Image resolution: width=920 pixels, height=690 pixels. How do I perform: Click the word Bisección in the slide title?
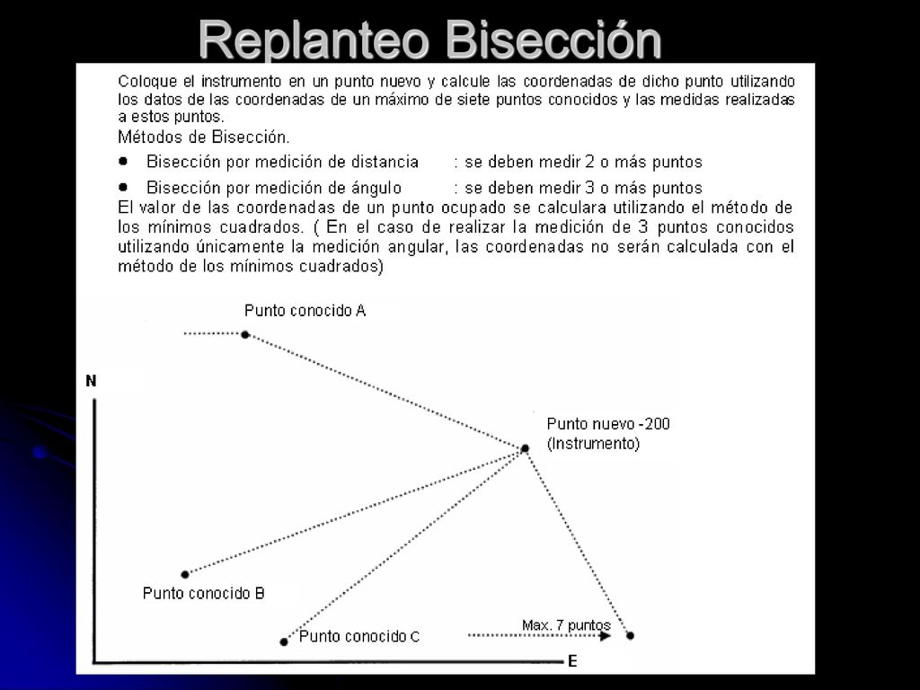(x=553, y=39)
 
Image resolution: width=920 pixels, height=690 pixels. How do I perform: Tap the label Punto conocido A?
(x=305, y=310)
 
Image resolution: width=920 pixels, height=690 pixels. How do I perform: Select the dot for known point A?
(x=245, y=334)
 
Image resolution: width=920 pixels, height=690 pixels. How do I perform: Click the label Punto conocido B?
(x=204, y=593)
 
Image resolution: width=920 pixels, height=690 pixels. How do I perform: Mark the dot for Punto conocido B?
(x=185, y=574)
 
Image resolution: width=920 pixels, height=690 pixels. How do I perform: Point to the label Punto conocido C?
(x=359, y=636)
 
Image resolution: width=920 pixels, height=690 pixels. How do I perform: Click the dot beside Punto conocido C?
(x=284, y=641)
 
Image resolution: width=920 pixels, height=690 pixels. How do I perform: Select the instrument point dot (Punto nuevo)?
(x=525, y=448)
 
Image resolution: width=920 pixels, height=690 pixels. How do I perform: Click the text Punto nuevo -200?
(x=608, y=424)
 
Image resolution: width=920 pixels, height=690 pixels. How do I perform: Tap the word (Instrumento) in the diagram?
(x=593, y=444)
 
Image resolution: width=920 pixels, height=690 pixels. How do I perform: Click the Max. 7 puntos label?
(x=566, y=625)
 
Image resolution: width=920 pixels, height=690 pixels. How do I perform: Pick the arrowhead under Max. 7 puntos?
(x=606, y=635)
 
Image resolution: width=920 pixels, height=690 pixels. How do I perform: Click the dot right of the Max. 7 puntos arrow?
(x=630, y=635)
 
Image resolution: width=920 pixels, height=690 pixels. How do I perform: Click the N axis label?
(x=91, y=381)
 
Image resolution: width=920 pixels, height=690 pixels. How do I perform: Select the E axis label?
(x=572, y=662)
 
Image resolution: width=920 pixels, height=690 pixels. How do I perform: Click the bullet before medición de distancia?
(x=123, y=161)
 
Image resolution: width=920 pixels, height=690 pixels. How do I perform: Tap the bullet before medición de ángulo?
(x=123, y=187)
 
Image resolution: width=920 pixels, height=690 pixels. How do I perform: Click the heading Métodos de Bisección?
(x=204, y=137)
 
